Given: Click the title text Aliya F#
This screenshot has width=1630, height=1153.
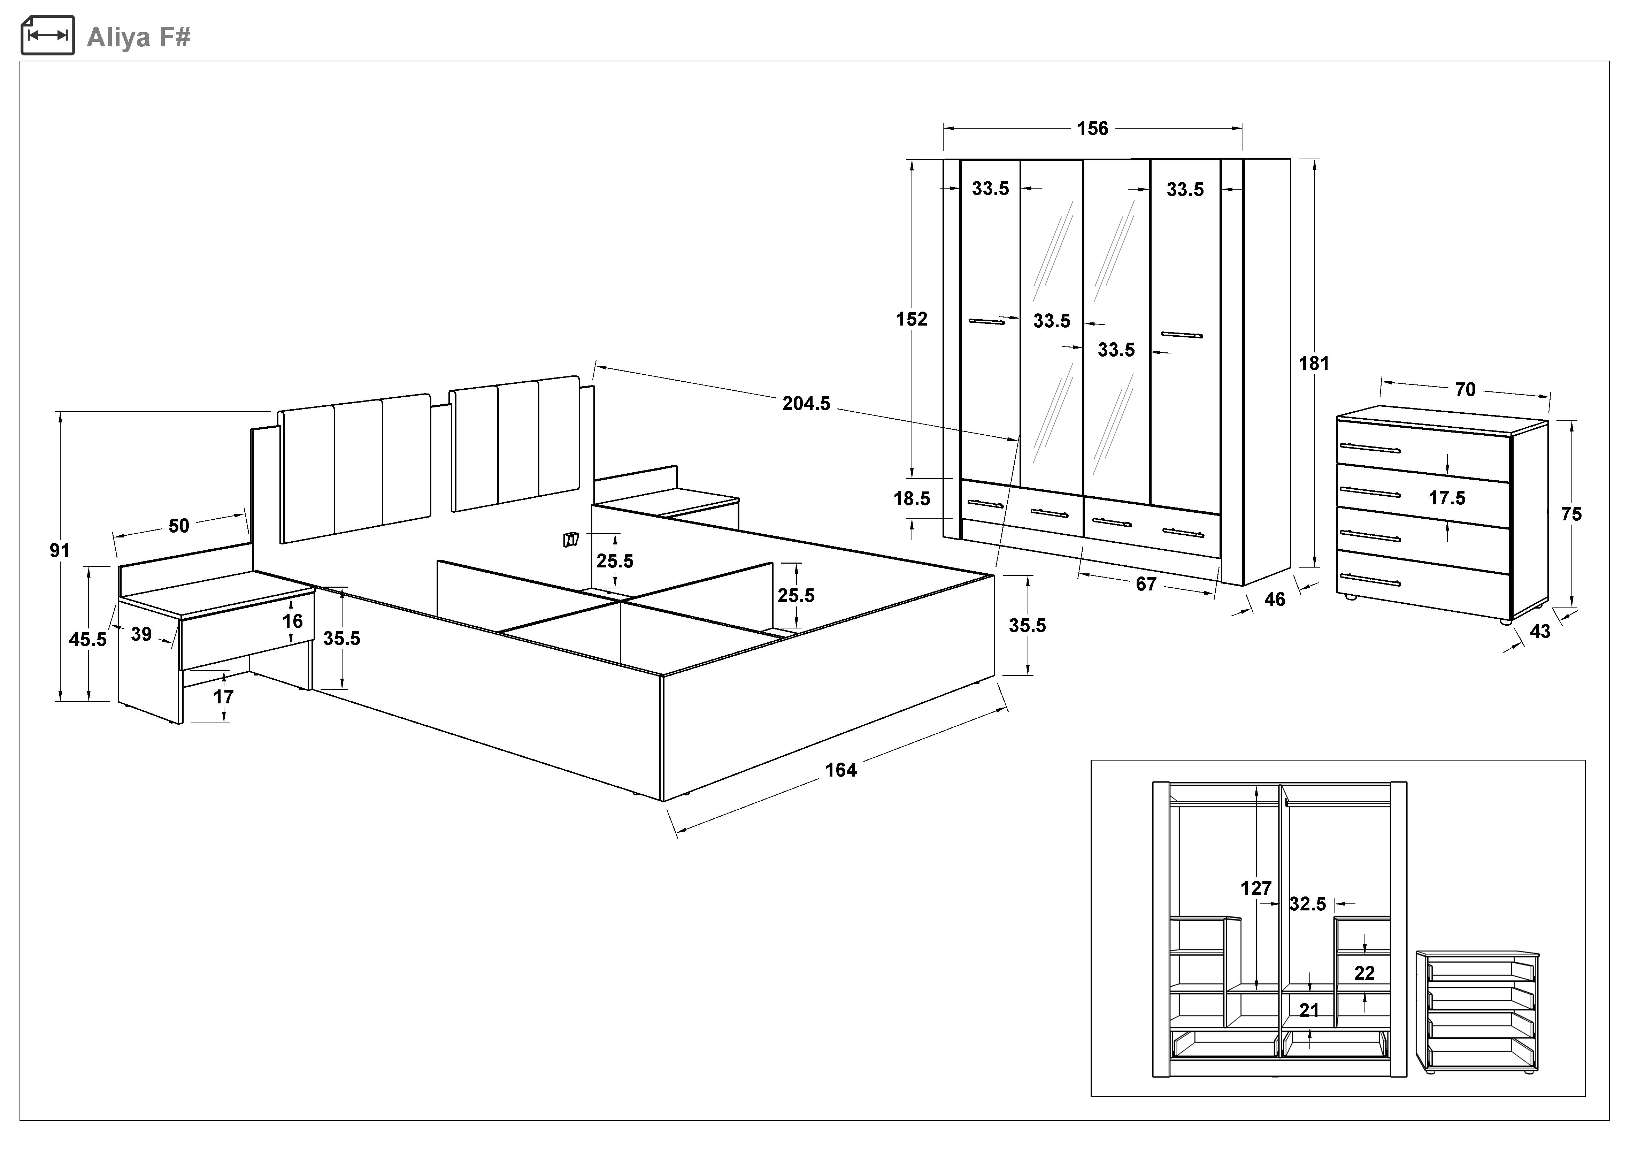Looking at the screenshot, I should pos(138,37).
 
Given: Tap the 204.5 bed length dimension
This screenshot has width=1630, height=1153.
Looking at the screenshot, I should pos(806,403).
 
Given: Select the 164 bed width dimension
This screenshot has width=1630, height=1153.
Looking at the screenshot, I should pos(840,770).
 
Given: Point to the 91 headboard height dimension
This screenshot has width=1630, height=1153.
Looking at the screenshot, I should pos(60,550).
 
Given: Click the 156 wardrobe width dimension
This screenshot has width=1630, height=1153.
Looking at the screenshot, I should pos(1092,129).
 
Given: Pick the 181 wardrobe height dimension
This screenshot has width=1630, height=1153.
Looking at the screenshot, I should pos(1313,364).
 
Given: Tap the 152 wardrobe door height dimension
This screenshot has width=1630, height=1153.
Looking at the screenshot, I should pos(912,320).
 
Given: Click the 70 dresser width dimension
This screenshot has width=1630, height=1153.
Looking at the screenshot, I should pos(1464,390).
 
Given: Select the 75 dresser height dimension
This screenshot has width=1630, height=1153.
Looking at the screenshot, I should pos(1571,514).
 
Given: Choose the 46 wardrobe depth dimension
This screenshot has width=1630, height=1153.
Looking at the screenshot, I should pos(1274,600).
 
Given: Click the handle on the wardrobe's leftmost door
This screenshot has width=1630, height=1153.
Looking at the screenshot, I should pos(987,322).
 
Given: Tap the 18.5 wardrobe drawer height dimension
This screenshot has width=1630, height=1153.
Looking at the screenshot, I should pos(912,498).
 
